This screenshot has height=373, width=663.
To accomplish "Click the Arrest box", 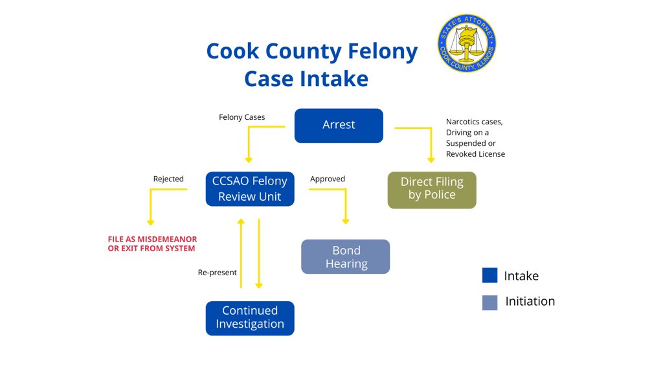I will [339, 125].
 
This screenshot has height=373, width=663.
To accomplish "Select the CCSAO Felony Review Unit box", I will [250, 189].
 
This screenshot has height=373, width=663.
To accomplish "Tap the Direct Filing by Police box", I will [432, 189].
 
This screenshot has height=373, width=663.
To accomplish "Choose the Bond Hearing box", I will [346, 256].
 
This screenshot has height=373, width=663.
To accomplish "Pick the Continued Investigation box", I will [250, 317].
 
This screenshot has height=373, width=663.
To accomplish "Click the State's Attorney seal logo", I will [467, 43].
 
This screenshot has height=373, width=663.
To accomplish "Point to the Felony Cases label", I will [242, 117].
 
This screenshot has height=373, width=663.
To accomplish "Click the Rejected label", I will [168, 179].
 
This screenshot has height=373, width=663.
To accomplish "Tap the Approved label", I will [328, 179].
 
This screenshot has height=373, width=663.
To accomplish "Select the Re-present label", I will [218, 273].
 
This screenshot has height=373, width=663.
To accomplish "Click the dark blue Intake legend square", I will [489, 276].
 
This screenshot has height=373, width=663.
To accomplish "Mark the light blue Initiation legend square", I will [489, 302].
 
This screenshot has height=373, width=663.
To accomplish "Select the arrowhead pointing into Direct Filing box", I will [431, 159].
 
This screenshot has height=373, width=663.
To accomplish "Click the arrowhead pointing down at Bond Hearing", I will [346, 221].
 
